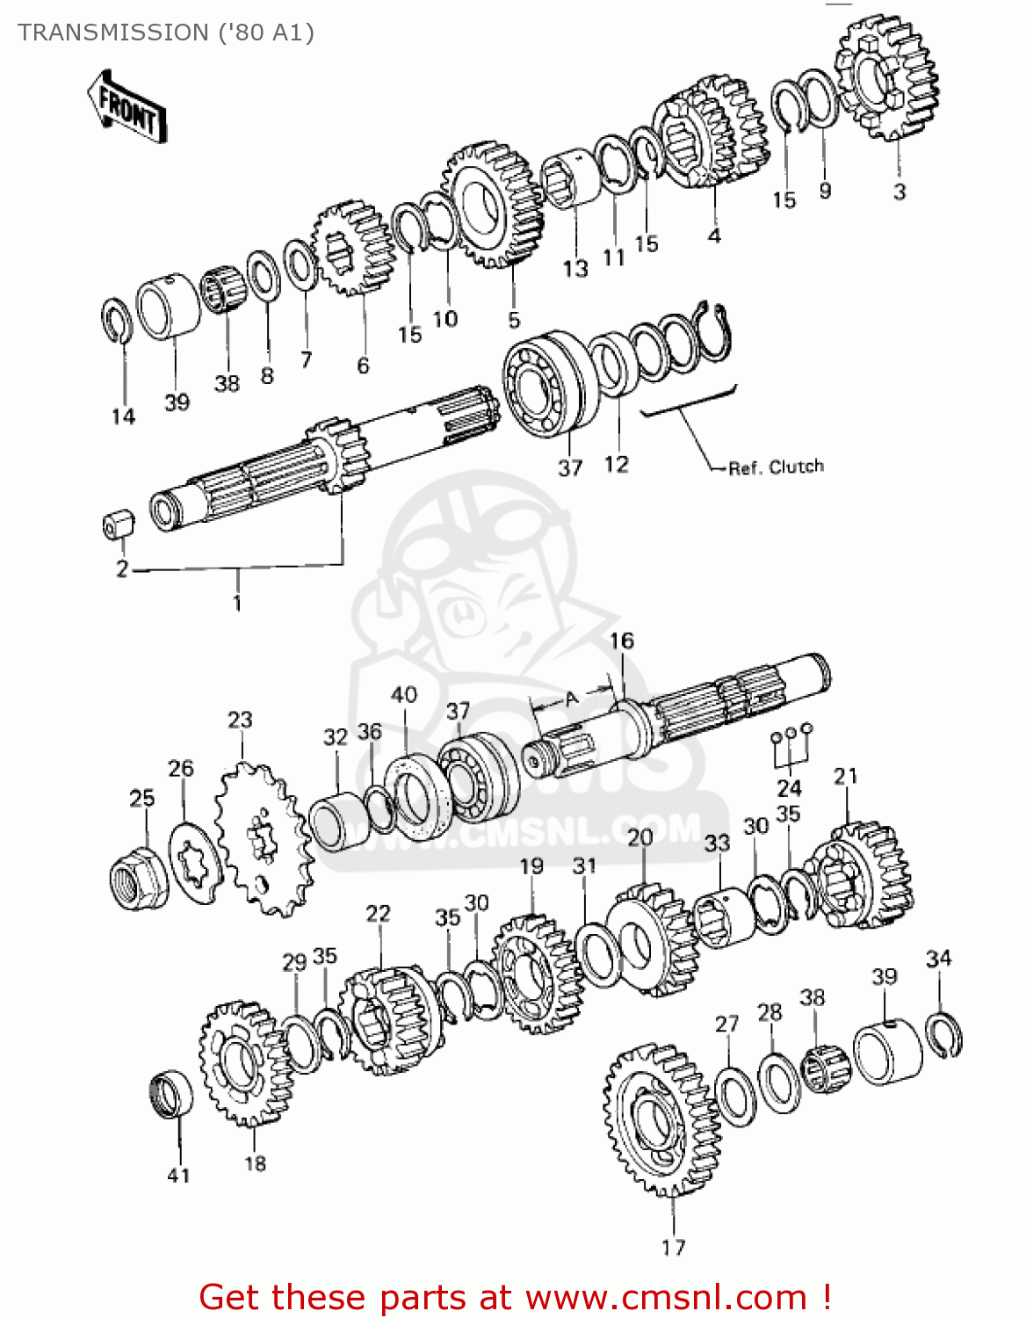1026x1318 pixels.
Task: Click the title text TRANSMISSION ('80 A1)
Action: (x=165, y=33)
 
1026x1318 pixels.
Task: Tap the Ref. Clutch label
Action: (x=776, y=467)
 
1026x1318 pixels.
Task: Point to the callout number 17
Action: (x=673, y=1247)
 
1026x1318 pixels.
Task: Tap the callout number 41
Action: (x=178, y=1176)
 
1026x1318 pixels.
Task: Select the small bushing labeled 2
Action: (x=119, y=525)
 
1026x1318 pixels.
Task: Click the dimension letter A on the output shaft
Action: (x=572, y=699)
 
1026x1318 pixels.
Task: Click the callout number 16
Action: (x=621, y=641)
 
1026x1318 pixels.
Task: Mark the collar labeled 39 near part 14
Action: (x=168, y=305)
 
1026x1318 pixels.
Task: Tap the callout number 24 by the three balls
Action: (x=789, y=787)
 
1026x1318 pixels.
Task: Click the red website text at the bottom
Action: (x=515, y=1297)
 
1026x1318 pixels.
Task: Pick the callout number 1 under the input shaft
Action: (x=237, y=603)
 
